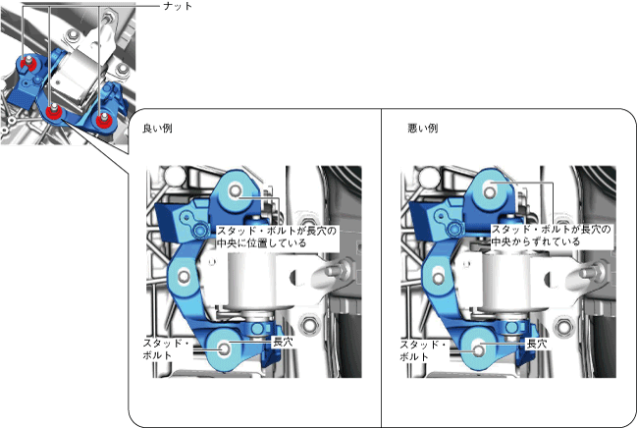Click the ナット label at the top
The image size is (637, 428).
(178, 6)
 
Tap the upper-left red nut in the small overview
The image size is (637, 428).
(28, 64)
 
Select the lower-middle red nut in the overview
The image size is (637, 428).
(53, 112)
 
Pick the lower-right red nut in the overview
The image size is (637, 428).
(103, 121)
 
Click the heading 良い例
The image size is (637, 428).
(157, 129)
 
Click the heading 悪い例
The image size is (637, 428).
(423, 129)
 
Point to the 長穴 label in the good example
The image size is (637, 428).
(283, 342)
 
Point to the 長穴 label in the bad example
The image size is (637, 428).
(537, 344)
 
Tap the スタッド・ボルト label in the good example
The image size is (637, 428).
(166, 348)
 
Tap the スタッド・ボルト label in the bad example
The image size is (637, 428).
(423, 350)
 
